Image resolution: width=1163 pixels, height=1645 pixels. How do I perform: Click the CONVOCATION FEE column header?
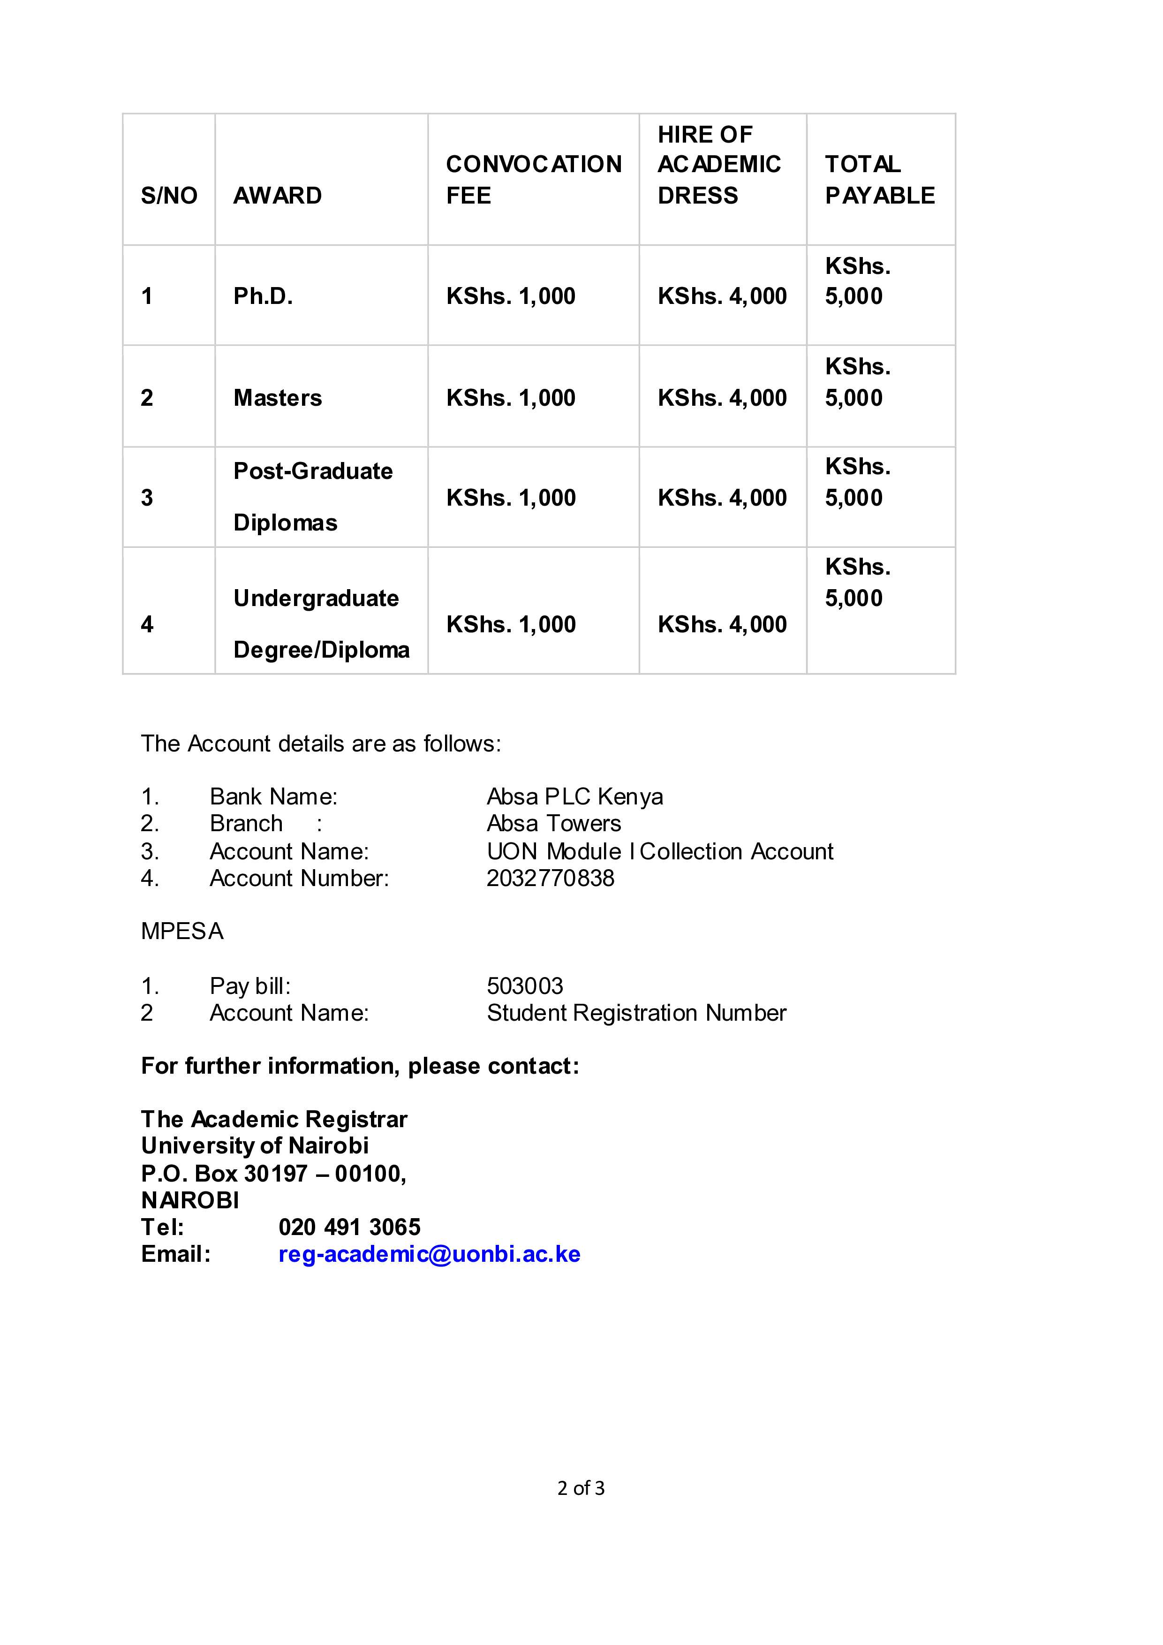[534, 179]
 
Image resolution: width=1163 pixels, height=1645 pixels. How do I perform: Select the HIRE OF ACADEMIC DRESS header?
[718, 165]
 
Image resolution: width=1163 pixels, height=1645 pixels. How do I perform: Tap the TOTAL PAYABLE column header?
[879, 179]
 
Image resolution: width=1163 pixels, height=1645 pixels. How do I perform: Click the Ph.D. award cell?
[263, 296]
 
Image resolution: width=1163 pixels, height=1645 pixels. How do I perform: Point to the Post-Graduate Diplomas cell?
[313, 497]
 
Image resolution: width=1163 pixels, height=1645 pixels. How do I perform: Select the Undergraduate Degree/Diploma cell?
[321, 623]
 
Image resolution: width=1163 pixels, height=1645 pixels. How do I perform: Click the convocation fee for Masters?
[511, 398]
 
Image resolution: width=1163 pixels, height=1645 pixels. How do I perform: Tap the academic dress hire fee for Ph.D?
[722, 296]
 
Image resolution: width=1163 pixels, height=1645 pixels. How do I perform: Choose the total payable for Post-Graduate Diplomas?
[857, 482]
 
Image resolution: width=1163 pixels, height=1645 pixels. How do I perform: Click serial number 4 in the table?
[147, 624]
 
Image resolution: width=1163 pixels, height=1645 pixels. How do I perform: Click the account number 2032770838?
[550, 878]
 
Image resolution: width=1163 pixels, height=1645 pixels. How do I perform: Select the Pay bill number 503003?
[525, 986]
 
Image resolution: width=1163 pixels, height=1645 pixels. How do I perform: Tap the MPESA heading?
[182, 931]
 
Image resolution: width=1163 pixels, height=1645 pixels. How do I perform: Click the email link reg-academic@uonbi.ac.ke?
[429, 1254]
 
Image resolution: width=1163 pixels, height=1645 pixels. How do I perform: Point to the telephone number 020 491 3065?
[349, 1227]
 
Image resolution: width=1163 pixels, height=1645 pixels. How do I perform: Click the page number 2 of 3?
[581, 1488]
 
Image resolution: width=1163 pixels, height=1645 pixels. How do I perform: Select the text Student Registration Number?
[636, 1012]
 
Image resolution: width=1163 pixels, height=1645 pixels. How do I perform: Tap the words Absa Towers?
[553, 823]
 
